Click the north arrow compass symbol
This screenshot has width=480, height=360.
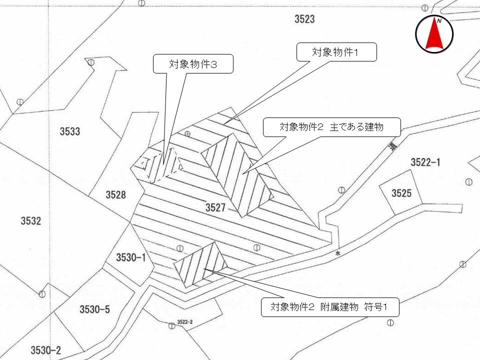[x=434, y=34]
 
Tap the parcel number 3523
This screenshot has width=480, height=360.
[x=304, y=19]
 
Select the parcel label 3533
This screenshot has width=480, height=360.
[x=70, y=132]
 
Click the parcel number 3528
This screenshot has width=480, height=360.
[x=115, y=195]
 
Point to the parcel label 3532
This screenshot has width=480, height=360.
[x=31, y=221]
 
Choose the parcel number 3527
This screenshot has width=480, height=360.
[x=215, y=207]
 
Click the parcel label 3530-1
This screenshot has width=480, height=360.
[x=130, y=258]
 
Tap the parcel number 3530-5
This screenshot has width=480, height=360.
[x=94, y=309]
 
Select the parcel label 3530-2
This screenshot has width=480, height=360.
[x=45, y=350]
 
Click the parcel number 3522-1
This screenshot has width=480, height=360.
[x=425, y=162]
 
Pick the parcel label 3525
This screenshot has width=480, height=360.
[x=401, y=193]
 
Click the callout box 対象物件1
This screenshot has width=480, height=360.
[x=336, y=52]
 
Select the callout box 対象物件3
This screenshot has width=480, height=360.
[x=192, y=64]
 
